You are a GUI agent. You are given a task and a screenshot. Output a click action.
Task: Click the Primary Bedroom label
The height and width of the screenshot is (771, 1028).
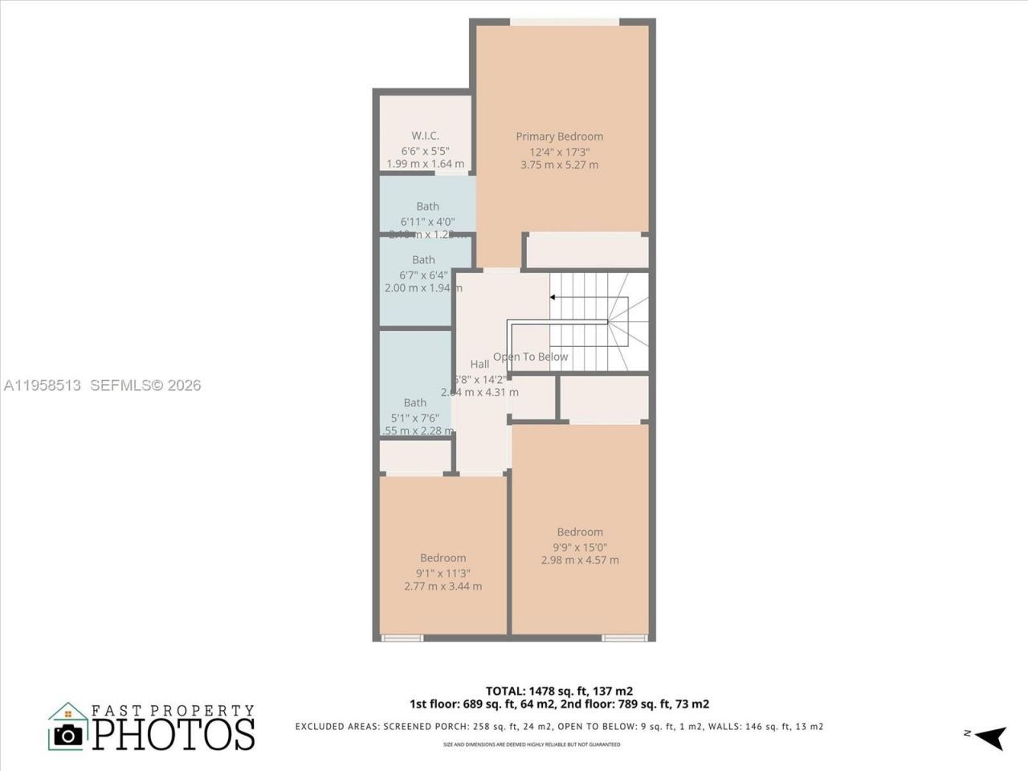(559, 137)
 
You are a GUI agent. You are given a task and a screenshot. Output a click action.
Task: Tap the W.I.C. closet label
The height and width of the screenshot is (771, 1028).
(425, 136)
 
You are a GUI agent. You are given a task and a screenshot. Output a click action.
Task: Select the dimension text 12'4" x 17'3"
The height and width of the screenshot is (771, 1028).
(559, 151)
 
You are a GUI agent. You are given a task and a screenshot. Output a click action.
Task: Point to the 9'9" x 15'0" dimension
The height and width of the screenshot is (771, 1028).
(580, 546)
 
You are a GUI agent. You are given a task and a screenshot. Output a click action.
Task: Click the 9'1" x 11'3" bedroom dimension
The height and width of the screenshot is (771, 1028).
(443, 573)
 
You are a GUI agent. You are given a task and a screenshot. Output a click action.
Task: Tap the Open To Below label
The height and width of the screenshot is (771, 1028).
(530, 357)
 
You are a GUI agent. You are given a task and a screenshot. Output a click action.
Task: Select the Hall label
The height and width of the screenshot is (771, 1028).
(479, 365)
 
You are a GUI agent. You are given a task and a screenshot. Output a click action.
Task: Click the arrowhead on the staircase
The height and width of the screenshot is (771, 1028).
(553, 297)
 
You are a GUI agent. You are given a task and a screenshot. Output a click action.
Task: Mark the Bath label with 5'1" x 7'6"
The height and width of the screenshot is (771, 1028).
(415, 403)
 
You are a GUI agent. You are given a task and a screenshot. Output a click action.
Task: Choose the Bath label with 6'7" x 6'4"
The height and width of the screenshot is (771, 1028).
(423, 260)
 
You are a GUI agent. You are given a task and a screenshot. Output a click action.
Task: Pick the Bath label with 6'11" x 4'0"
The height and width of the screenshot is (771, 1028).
(427, 207)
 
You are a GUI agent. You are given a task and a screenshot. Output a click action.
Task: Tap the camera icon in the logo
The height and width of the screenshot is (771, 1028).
(68, 736)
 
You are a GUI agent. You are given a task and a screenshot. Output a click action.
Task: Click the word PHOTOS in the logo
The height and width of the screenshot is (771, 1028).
(174, 734)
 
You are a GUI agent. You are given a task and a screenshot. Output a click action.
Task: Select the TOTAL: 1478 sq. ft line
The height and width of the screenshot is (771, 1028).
(559, 691)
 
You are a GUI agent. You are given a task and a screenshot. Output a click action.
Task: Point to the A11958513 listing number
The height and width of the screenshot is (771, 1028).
(43, 385)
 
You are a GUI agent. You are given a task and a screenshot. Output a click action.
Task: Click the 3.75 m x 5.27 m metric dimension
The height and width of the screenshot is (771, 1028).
(559, 165)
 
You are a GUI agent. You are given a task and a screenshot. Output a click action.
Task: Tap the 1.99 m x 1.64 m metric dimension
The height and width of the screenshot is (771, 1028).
(425, 164)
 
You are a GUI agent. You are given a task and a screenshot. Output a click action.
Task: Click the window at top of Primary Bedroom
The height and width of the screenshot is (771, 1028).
(565, 22)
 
